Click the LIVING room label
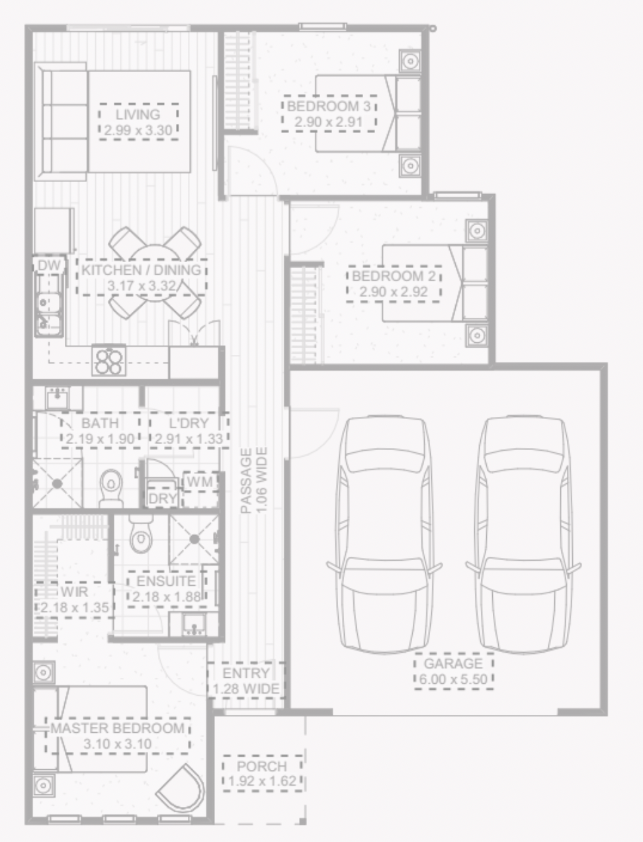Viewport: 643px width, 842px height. [x=138, y=115]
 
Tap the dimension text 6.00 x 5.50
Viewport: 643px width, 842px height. [x=453, y=679]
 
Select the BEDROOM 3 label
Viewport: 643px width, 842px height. [x=329, y=107]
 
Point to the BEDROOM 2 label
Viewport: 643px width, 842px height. [x=394, y=276]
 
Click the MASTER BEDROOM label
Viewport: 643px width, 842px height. [x=118, y=728]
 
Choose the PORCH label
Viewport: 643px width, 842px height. [x=262, y=767]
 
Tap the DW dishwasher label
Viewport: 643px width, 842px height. [x=50, y=265]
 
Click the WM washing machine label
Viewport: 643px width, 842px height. [x=200, y=482]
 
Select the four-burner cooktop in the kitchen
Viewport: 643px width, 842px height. [x=109, y=360]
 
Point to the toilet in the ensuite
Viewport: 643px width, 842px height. [x=141, y=534]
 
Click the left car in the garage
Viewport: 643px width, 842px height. [x=385, y=534]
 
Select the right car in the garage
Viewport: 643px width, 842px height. [x=524, y=534]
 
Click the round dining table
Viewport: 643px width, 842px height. [x=155, y=273]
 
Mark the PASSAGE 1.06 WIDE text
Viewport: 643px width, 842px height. [x=253, y=481]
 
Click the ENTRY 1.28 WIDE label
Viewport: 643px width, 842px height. [x=246, y=681]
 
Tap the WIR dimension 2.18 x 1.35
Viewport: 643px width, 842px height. [x=75, y=608]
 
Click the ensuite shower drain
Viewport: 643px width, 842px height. [x=194, y=539]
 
